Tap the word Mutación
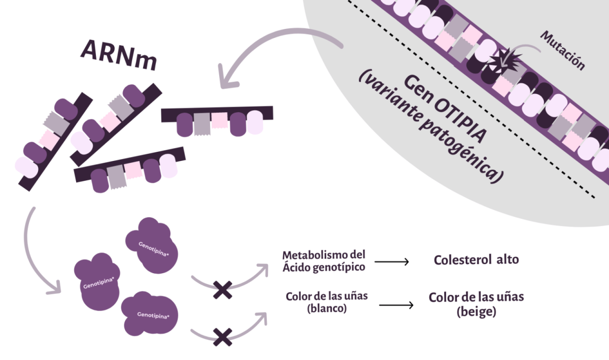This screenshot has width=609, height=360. tap(562, 50)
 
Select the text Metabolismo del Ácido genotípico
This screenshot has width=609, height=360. tap(324, 260)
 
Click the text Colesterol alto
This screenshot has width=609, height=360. tap(476, 259)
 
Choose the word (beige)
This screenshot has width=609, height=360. tap(476, 312)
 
